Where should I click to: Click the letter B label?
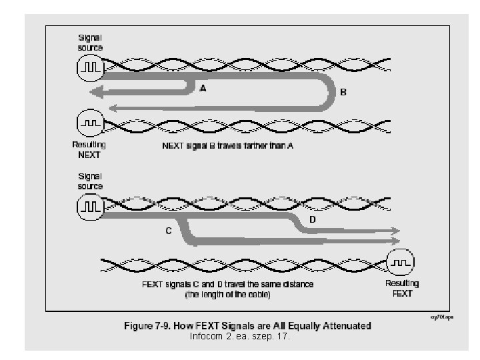point(343,93)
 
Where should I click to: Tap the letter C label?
point(169,231)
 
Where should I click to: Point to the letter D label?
point(313,219)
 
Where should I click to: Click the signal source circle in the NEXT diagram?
point(90,67)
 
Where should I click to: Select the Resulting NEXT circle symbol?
point(90,124)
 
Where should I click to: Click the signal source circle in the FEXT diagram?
point(90,207)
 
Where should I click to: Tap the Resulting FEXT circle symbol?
point(401,261)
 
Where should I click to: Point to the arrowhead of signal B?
point(113,107)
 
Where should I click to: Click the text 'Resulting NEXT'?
point(88,149)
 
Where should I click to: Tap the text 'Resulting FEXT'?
point(402,288)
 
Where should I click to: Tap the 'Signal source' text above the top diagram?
point(90,43)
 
